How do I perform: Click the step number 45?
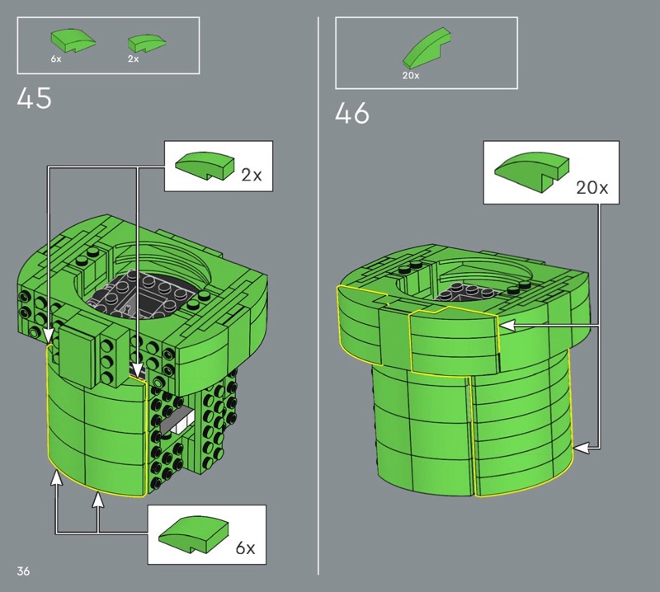(34, 98)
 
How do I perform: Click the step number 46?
(352, 113)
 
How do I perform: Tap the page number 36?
(23, 571)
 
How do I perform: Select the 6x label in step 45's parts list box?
(56, 59)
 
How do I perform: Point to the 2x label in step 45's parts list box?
(133, 59)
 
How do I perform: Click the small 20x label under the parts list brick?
(411, 75)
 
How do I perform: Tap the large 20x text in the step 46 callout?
(592, 187)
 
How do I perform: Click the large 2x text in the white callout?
(252, 175)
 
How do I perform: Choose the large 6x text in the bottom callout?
(245, 547)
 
